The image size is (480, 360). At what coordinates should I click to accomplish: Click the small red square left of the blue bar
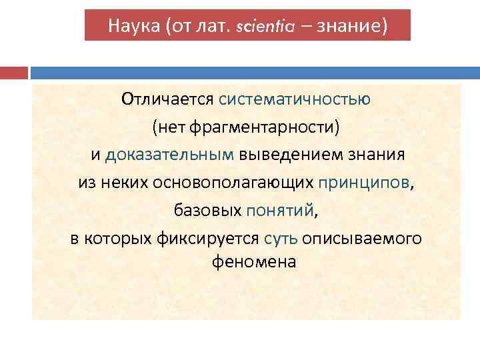point(13,72)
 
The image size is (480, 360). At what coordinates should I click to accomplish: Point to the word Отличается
point(167,99)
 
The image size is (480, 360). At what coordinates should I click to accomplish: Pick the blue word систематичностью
point(295,99)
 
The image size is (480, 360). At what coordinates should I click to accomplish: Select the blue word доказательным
point(170,155)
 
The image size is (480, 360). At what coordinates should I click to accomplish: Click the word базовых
point(207,211)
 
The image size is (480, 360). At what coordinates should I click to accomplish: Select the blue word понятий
point(279,211)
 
